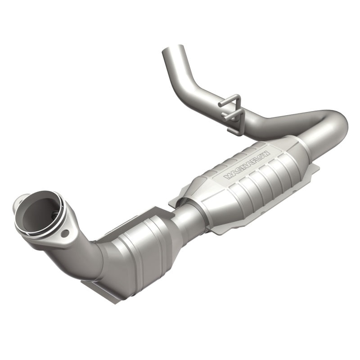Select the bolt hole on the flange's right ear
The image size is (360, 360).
66,234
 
